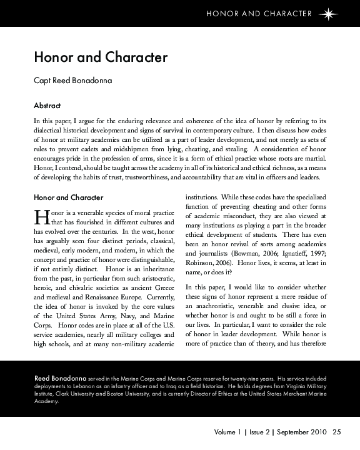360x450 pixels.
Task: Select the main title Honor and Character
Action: click(x=101, y=58)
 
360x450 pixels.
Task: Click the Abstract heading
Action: click(x=47, y=105)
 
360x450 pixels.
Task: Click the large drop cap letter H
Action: click(x=41, y=216)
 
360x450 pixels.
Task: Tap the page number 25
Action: click(x=337, y=431)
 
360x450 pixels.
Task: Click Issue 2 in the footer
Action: click(x=257, y=431)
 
